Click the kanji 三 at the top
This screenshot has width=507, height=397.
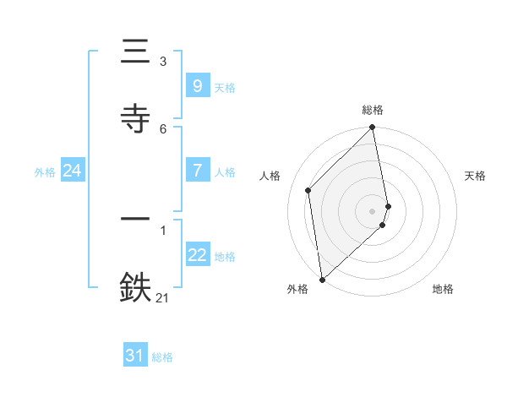[136, 52]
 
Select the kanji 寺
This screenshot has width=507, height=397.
[136, 117]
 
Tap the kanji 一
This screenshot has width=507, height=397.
[136, 219]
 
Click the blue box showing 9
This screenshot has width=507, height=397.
[197, 86]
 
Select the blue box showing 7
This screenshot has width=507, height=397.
[197, 171]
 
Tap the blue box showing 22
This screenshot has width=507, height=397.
[197, 255]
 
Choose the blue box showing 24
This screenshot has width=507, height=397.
[72, 171]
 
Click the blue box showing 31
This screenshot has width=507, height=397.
[135, 356]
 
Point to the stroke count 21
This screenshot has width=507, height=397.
[163, 297]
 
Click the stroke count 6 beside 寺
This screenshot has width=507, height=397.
[163, 128]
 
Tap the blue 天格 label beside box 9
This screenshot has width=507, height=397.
[225, 87]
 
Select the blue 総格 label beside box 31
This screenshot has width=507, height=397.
[162, 357]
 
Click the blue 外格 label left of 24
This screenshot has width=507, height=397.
[45, 171]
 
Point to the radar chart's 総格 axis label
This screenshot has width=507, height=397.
[373, 110]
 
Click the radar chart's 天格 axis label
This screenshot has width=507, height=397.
[476, 176]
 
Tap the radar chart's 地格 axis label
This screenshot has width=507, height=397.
[443, 289]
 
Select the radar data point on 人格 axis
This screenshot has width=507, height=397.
[308, 190]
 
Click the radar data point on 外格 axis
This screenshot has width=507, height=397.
[322, 279]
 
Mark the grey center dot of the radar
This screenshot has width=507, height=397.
[373, 209]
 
